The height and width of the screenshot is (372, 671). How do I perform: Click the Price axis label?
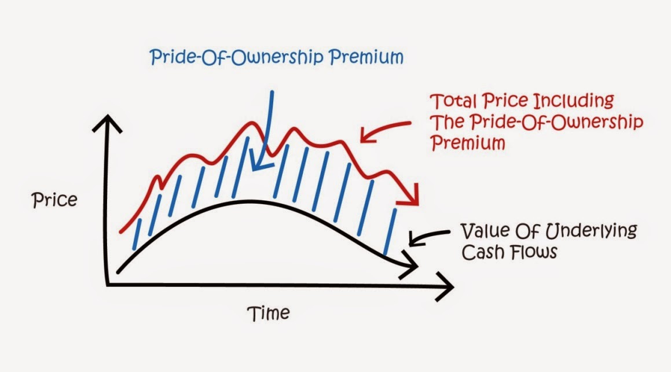54,200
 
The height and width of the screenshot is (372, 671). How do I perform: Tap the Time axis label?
268,313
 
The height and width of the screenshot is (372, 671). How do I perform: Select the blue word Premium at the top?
366,57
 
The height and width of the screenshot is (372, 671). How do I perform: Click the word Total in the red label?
453,101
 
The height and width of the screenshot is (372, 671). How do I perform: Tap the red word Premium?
468,142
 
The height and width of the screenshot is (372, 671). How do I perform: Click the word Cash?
483,252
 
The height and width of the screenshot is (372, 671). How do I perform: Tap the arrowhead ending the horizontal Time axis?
445,286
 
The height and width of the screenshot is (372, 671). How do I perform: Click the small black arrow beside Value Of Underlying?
428,235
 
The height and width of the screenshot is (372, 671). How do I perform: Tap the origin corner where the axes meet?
107,285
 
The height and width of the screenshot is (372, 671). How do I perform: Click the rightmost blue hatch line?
390,231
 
